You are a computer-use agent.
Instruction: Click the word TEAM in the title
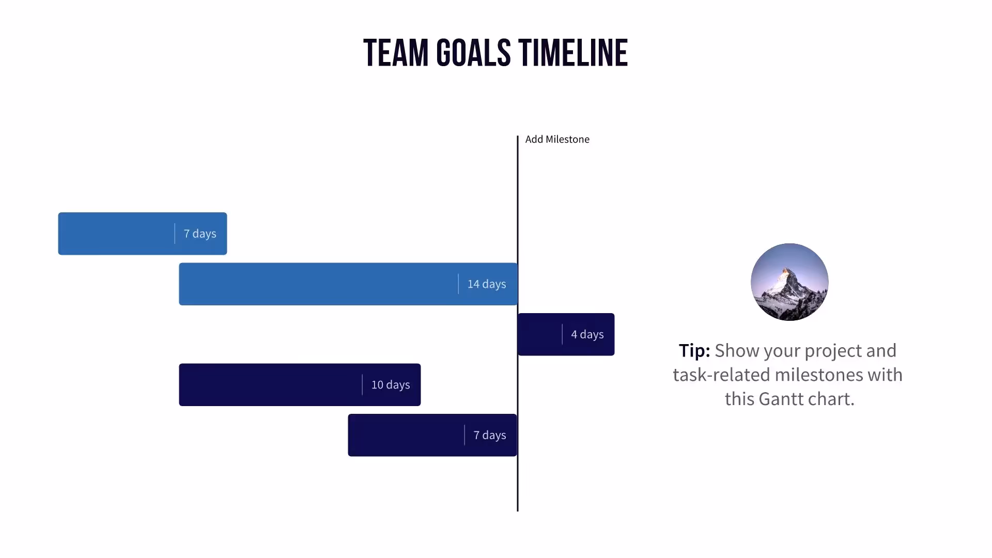(x=396, y=53)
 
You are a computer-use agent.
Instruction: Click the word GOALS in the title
(x=473, y=53)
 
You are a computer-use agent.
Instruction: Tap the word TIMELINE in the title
(x=573, y=53)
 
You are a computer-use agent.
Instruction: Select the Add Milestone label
(x=557, y=139)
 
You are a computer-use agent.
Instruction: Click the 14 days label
(x=486, y=284)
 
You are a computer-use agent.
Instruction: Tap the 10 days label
(x=390, y=385)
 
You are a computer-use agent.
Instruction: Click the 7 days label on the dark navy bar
(x=489, y=436)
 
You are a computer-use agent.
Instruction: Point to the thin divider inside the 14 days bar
(x=458, y=284)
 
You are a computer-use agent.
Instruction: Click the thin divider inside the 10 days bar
(x=362, y=385)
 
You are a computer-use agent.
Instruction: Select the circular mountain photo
(x=789, y=282)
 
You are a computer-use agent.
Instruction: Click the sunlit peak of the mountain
(x=786, y=272)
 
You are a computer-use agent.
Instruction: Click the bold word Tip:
(x=694, y=351)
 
